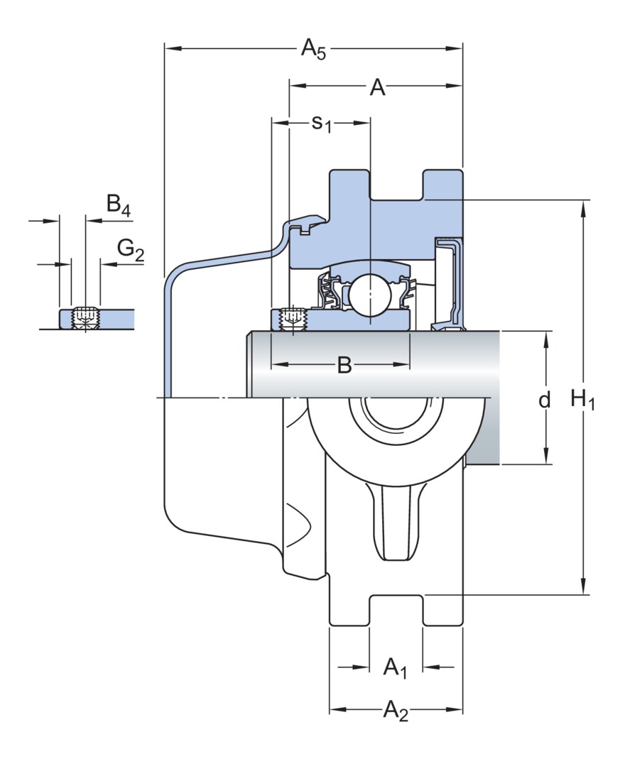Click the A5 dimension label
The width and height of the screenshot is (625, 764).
(x=313, y=50)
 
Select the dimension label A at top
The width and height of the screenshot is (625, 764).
(x=377, y=88)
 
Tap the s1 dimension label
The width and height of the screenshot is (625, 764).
(x=322, y=124)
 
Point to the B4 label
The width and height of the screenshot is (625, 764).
(x=119, y=206)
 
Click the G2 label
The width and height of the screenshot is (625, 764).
(x=131, y=249)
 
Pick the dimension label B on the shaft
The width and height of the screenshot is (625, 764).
(x=344, y=366)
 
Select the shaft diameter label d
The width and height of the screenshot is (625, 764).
(x=544, y=400)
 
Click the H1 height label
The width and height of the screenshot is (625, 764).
(x=582, y=400)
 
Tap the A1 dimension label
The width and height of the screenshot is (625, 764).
(x=395, y=668)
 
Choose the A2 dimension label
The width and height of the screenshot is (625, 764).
(x=396, y=710)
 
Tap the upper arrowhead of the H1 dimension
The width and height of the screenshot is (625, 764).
(x=584, y=207)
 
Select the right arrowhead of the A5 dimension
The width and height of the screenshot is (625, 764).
(x=457, y=49)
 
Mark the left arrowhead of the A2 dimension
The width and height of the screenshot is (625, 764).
(x=335, y=710)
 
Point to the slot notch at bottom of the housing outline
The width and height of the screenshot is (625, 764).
(x=396, y=609)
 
